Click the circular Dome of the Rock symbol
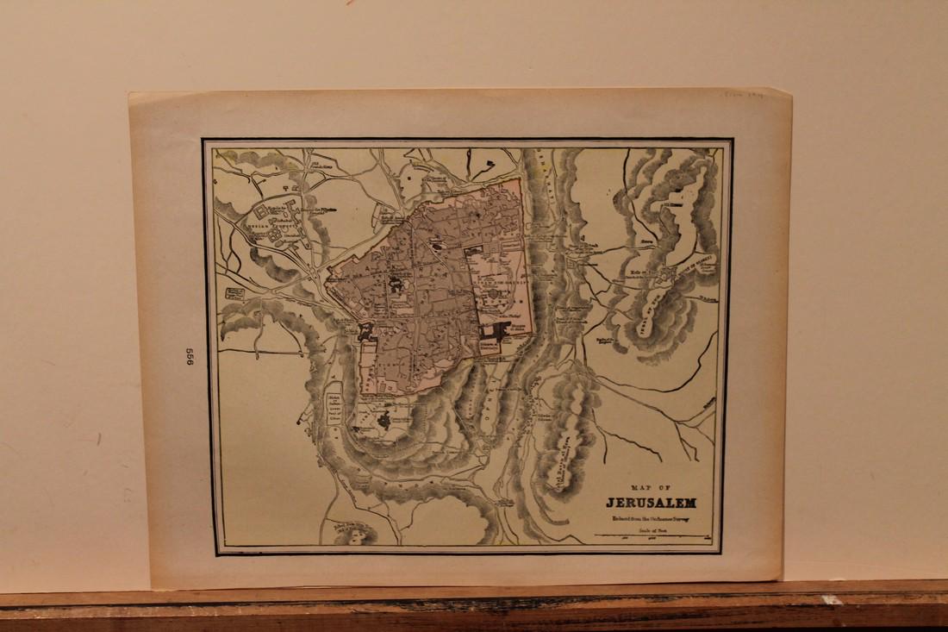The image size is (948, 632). (494, 294)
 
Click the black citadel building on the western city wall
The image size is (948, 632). (365, 330)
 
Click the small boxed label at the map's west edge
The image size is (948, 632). (234, 294)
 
